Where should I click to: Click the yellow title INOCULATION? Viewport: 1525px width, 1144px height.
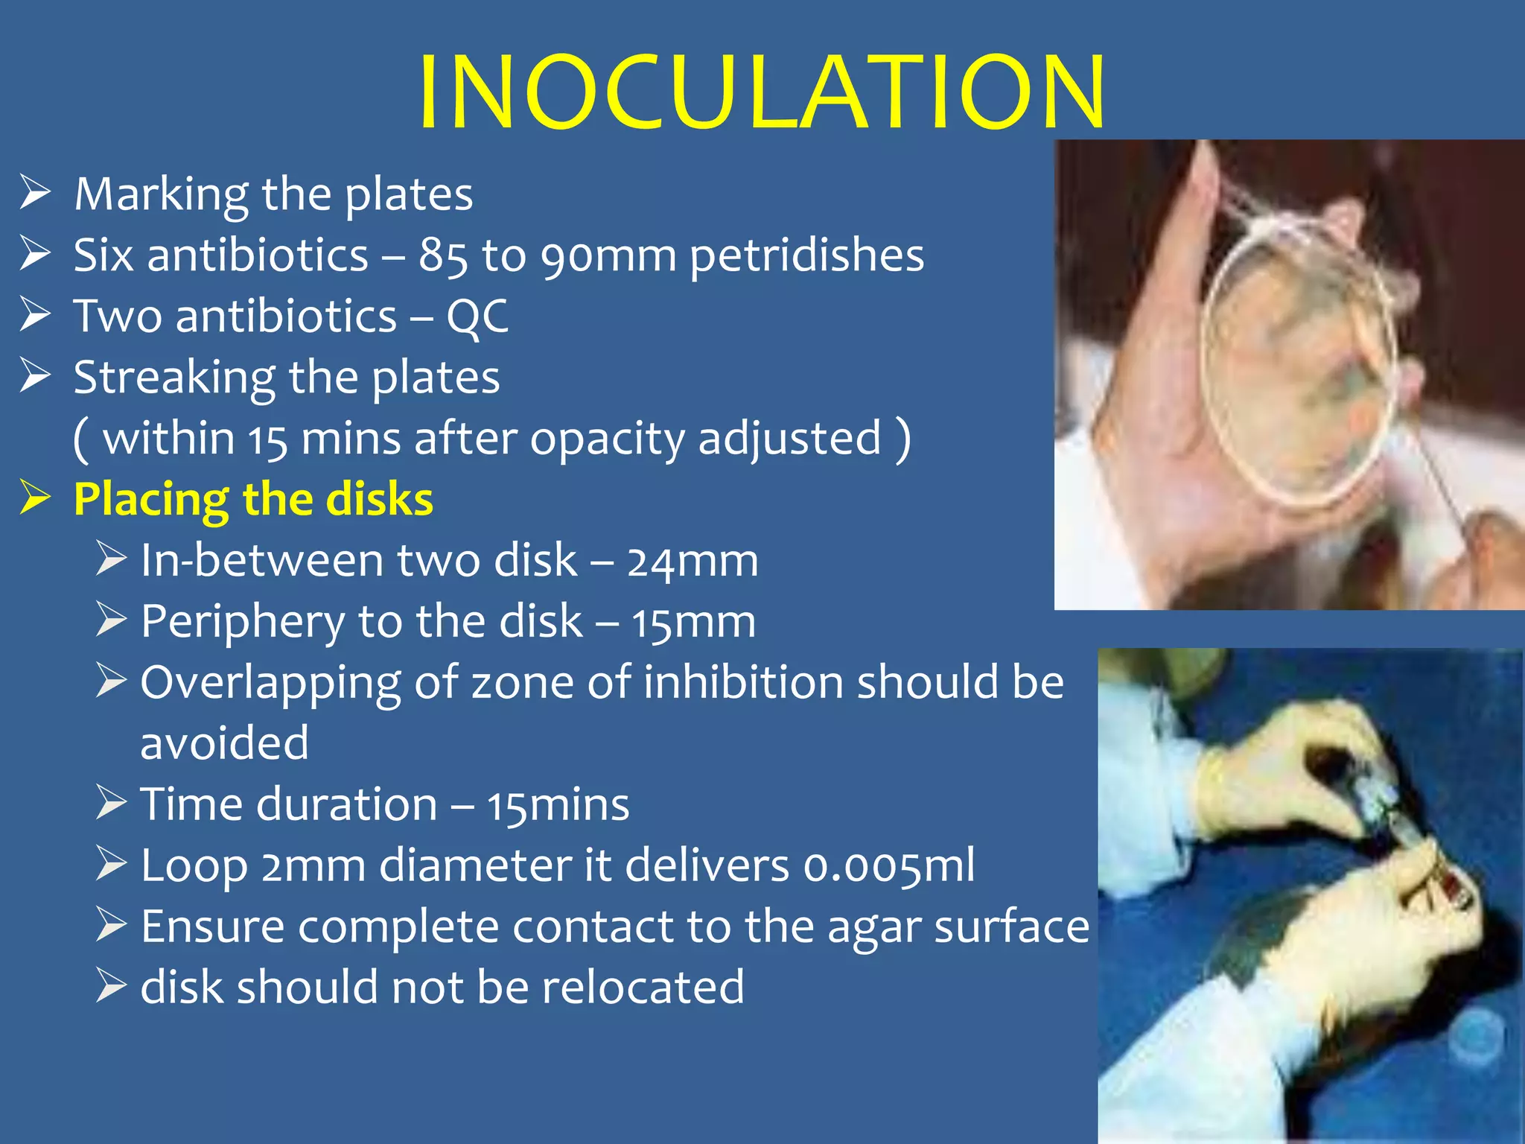click(x=761, y=92)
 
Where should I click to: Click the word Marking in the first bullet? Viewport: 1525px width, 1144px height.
click(x=161, y=195)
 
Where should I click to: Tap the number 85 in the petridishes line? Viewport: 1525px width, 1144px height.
click(x=443, y=256)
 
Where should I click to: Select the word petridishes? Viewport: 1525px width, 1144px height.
click(x=806, y=256)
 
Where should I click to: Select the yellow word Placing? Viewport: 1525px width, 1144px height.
click(x=151, y=500)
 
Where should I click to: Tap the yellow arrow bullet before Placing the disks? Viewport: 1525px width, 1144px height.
click(x=35, y=498)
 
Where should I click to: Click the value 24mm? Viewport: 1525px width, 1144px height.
click(x=692, y=562)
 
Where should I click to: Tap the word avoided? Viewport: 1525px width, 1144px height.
click(x=224, y=743)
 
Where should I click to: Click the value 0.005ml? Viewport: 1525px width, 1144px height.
click(x=888, y=867)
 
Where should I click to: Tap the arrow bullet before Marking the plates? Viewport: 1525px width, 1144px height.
click(x=35, y=192)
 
